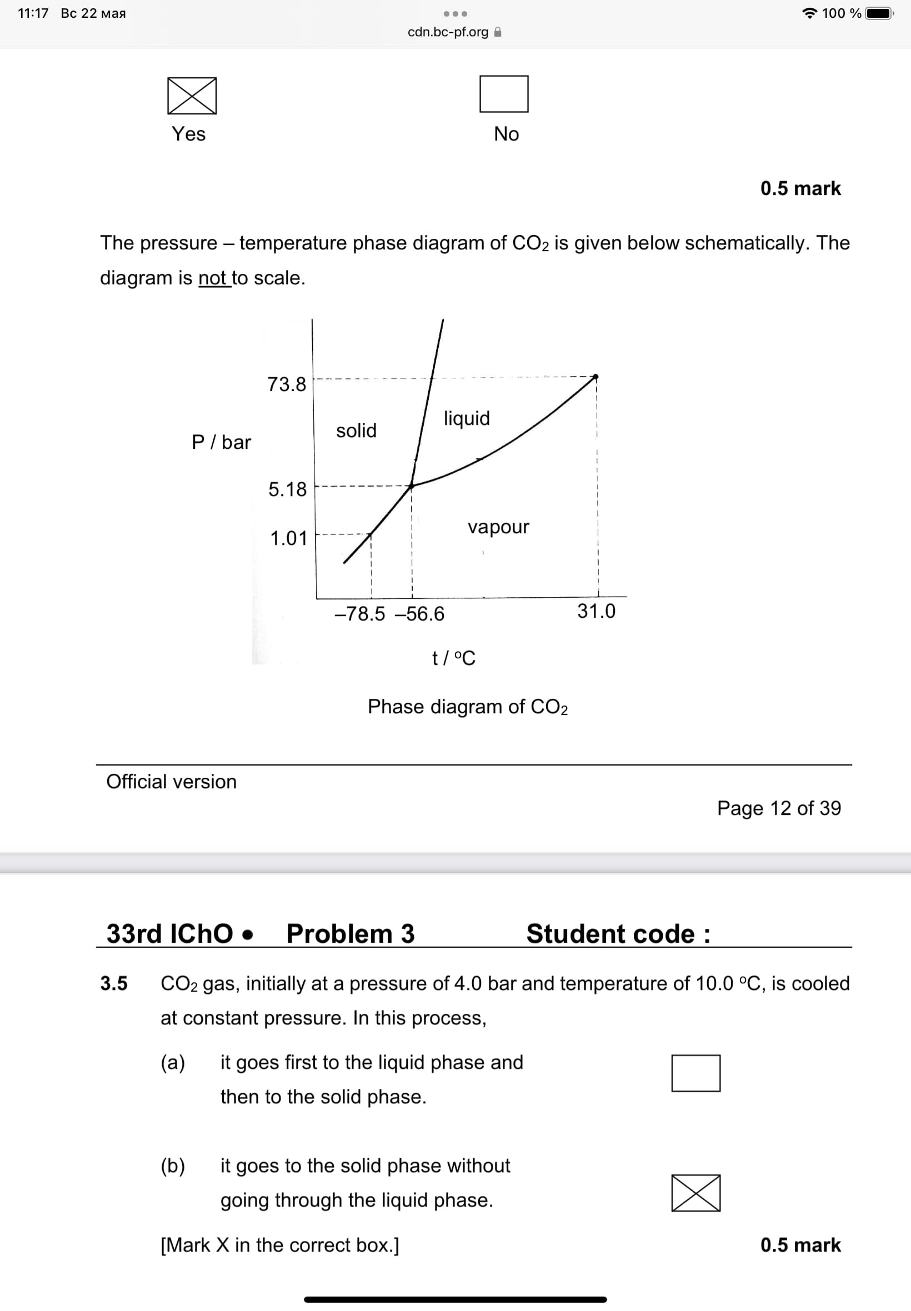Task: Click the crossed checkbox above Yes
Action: point(192,96)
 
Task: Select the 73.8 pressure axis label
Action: point(287,384)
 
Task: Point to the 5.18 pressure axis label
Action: point(287,489)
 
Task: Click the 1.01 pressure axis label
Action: point(288,538)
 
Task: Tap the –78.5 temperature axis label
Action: point(359,613)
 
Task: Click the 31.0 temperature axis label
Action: point(596,611)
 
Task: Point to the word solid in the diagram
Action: point(356,431)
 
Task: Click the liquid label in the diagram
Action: point(467,418)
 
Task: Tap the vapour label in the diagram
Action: point(498,527)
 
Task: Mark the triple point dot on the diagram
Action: point(411,486)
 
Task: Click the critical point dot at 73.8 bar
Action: point(595,377)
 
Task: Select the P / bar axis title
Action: point(221,442)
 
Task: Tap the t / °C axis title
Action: point(453,658)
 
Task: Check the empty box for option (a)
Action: point(695,1073)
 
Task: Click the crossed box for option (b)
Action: point(695,1192)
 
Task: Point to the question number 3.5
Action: point(114,983)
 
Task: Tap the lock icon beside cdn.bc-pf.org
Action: point(498,32)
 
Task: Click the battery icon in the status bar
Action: point(879,13)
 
